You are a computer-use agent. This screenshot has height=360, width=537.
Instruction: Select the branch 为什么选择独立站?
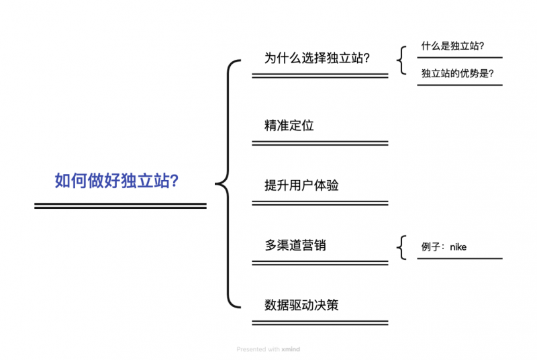coord(318,58)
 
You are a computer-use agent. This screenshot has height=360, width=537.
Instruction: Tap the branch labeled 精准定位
coord(289,125)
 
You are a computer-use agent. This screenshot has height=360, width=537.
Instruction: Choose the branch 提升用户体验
coord(301,185)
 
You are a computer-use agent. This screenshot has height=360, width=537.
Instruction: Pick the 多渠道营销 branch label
coord(295,245)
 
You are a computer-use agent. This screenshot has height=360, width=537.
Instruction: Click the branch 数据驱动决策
coord(301,305)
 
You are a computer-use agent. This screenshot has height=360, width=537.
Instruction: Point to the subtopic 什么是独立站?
coord(452,46)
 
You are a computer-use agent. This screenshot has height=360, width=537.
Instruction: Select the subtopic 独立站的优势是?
coord(458,73)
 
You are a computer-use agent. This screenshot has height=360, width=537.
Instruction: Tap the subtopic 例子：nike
coord(444,246)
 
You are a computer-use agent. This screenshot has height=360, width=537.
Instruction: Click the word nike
coord(458,246)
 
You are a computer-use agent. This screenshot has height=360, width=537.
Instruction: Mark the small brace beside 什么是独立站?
coord(401,60)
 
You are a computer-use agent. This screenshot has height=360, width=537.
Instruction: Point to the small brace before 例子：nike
coord(401,247)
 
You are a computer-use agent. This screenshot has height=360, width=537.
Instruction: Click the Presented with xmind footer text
coord(268,349)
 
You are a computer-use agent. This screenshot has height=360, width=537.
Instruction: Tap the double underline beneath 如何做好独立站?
coord(120,206)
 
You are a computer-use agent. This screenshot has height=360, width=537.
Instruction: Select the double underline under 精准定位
coord(320,143)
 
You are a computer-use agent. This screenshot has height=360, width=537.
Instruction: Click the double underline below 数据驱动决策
coord(320,323)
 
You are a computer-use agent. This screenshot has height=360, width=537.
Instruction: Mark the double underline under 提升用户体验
coord(320,203)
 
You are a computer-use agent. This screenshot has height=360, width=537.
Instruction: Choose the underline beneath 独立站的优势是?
coord(459,85)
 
